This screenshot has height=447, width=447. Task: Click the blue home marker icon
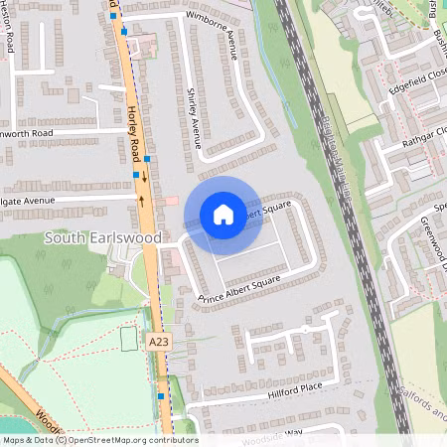[223, 214]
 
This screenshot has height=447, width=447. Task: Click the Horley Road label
[134, 130]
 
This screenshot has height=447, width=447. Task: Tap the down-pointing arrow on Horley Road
[147, 178]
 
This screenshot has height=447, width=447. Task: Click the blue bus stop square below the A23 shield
[160, 395]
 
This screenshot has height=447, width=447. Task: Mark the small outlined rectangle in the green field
[128, 339]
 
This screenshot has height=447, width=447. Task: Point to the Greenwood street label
[434, 243]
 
